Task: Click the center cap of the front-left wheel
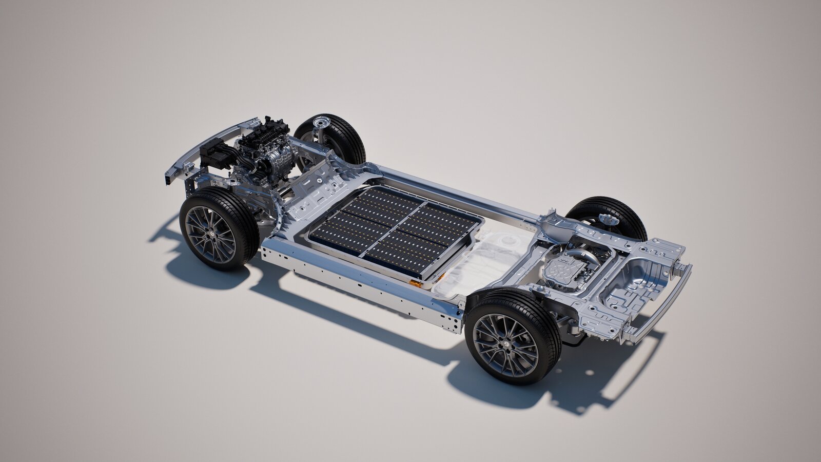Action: (x=211, y=234)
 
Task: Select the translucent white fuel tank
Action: (x=480, y=267)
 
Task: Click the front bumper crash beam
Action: (x=205, y=146)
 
